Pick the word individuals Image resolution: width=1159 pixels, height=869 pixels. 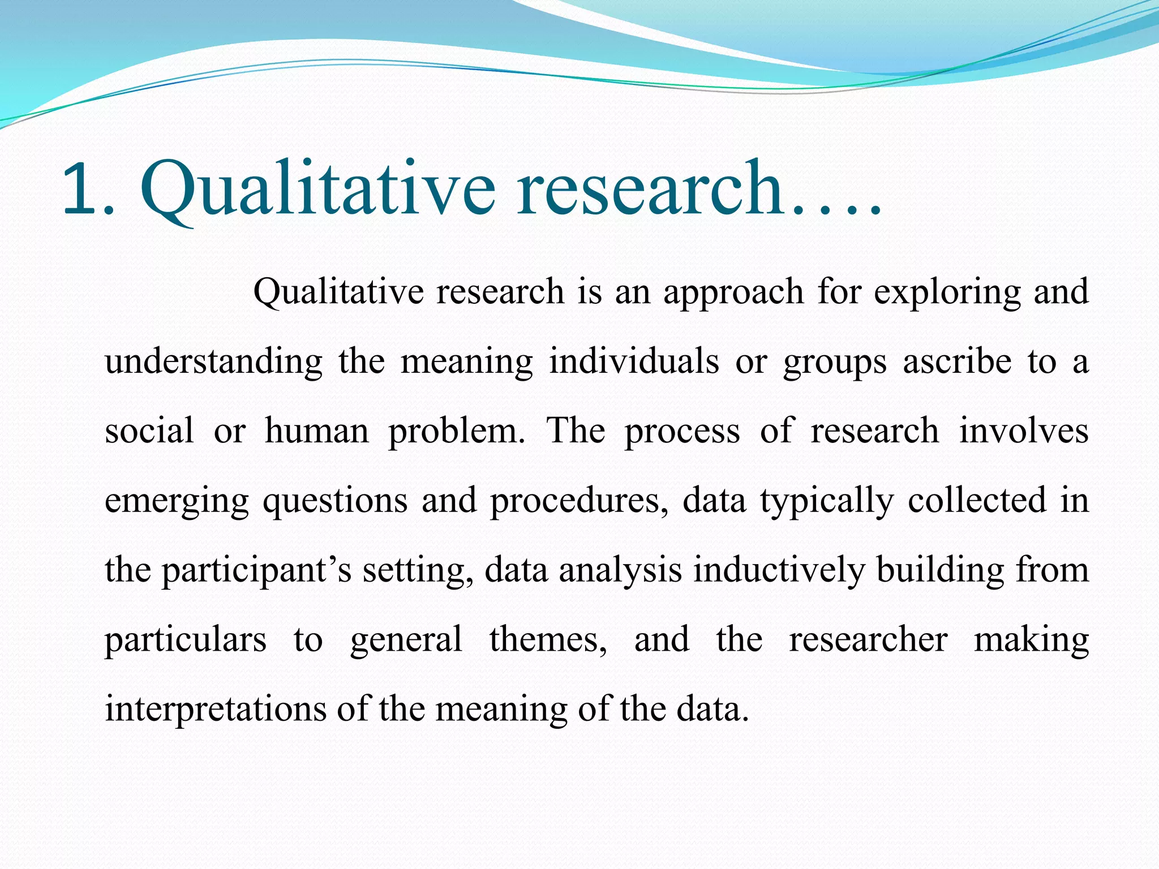point(634,362)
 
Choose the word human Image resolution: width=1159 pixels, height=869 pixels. point(316,431)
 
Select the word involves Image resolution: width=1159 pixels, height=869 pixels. point(1023,431)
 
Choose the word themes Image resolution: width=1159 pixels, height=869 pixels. point(548,640)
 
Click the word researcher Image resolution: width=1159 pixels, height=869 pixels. point(868,640)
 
